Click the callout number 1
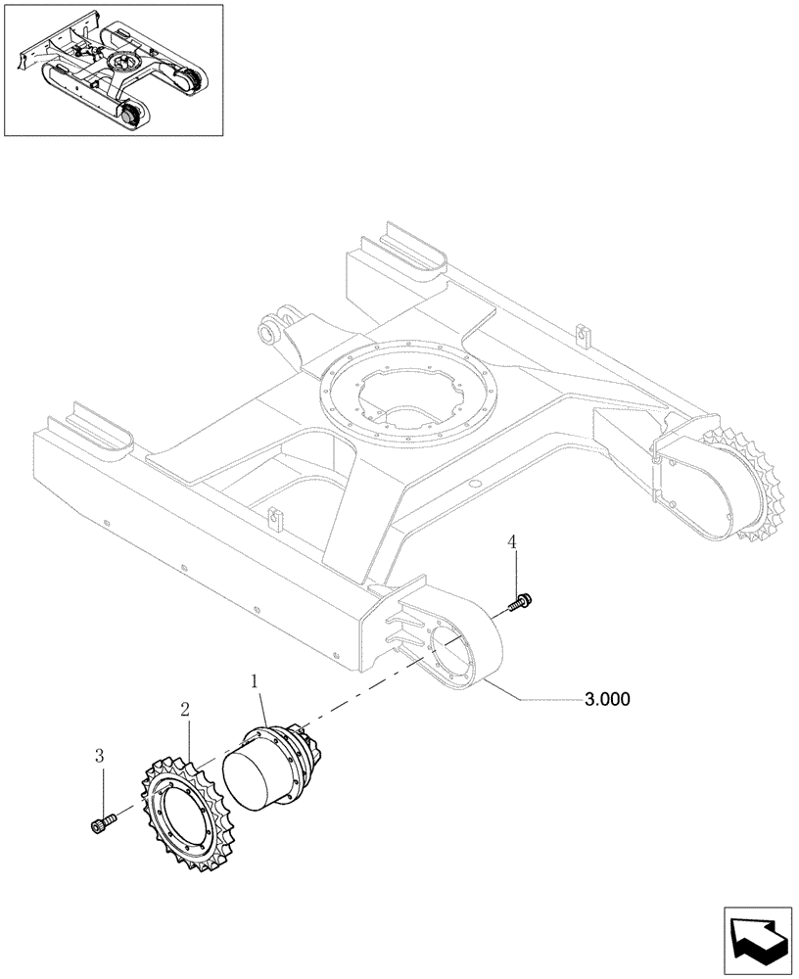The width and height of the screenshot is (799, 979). pos(255,679)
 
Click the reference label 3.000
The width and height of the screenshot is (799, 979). pos(606,699)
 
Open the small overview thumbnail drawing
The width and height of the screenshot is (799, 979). pos(113,70)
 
